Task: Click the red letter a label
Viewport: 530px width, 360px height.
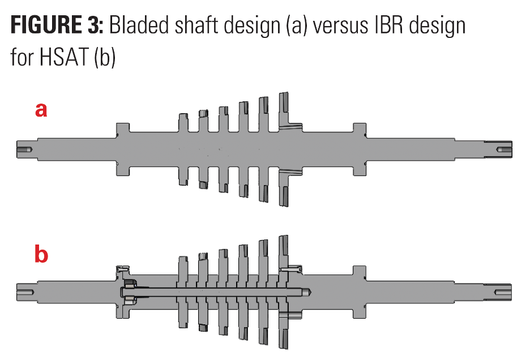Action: [41, 110]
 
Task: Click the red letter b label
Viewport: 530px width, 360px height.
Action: [41, 254]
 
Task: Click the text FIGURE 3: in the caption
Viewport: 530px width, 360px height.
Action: [57, 25]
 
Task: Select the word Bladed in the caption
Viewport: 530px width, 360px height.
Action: [138, 25]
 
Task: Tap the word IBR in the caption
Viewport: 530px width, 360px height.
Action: [388, 25]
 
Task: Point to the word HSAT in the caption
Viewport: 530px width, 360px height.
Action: [63, 57]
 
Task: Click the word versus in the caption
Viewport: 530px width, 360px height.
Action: [340, 27]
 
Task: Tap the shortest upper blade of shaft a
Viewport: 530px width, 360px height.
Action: [183, 122]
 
